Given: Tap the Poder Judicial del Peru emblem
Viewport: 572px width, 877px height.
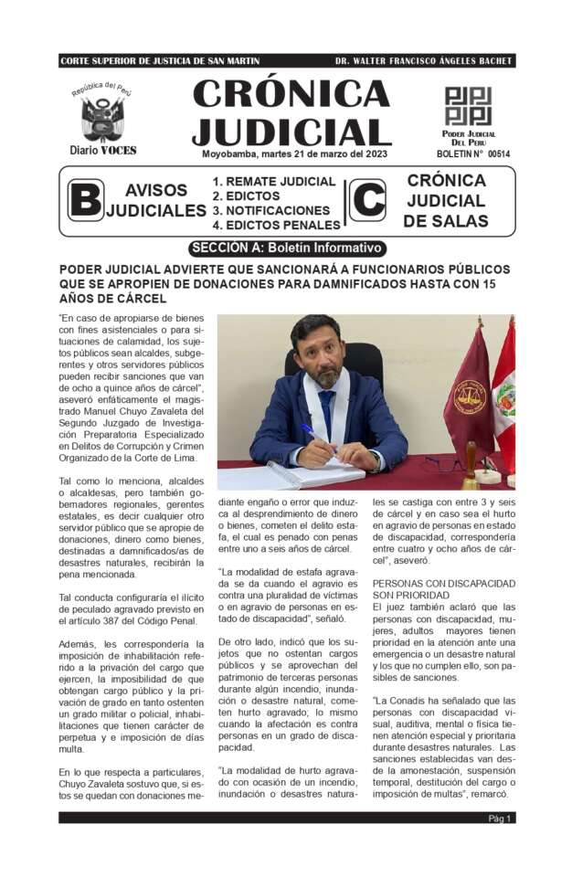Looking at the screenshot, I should [x=468, y=106].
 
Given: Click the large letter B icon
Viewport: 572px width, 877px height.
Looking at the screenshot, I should [x=85, y=199].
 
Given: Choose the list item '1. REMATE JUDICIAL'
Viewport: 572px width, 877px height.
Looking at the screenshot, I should [x=273, y=182].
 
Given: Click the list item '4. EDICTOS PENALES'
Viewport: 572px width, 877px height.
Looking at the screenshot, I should [x=276, y=225].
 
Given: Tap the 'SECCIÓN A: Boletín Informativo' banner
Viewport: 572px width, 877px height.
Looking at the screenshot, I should [x=287, y=248].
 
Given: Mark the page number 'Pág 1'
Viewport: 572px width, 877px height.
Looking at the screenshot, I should [x=499, y=819].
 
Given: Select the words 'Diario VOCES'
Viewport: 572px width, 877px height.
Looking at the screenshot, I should [x=103, y=150].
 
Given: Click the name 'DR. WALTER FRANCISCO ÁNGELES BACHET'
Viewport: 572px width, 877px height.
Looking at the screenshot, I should [x=424, y=61].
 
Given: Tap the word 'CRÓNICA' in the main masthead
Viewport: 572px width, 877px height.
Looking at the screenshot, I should [x=291, y=93].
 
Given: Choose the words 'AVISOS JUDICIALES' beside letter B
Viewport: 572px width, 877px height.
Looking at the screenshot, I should [x=156, y=200].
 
